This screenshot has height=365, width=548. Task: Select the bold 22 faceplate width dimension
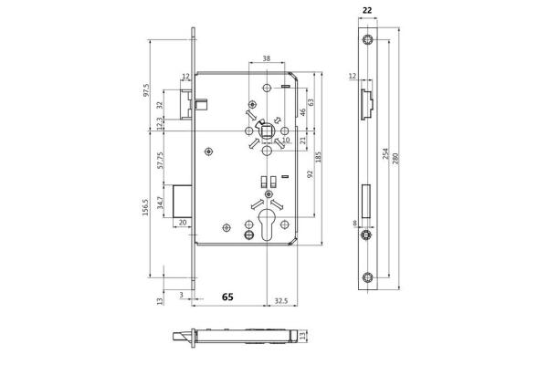pyautogui.click(x=367, y=11)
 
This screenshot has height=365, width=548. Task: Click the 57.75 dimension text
pyautogui.click(x=161, y=161)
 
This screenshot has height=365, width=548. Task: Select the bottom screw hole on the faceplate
pyautogui.click(x=367, y=277)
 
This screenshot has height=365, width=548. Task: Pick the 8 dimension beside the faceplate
pyautogui.click(x=355, y=223)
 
